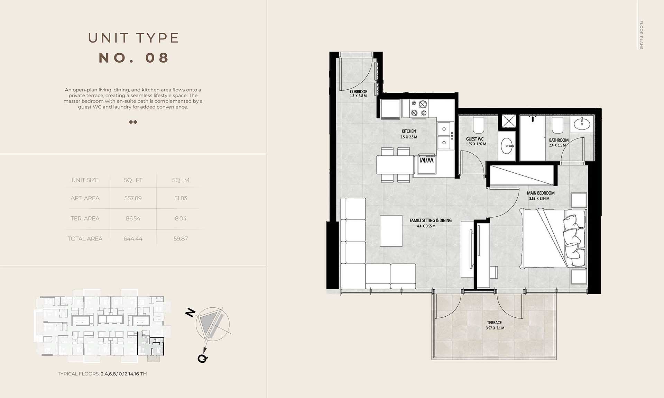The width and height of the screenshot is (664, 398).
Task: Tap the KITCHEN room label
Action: click(x=409, y=131)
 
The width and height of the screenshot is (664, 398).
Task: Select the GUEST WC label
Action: click(x=475, y=139)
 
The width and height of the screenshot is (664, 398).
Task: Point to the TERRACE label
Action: click(x=494, y=323)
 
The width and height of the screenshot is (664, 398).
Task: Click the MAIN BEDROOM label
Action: click(x=541, y=193)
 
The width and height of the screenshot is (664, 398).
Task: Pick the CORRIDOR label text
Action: click(x=359, y=92)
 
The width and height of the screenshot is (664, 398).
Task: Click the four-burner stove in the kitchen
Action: click(x=419, y=108)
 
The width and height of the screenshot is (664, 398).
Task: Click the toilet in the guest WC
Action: click(x=479, y=125)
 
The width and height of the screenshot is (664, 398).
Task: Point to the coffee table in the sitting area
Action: click(x=391, y=230)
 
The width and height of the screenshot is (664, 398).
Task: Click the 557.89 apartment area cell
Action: click(x=133, y=198)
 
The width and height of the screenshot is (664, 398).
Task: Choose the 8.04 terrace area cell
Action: click(x=181, y=218)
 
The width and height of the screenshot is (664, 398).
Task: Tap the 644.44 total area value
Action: click(x=133, y=239)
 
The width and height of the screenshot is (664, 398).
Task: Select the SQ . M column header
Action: click(x=181, y=180)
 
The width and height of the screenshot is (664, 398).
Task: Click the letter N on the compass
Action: click(x=190, y=313)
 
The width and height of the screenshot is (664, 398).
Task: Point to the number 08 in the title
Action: click(x=157, y=58)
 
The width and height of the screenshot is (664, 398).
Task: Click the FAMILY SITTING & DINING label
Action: click(x=431, y=220)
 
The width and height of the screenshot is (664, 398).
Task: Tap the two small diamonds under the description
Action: click(x=133, y=122)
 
